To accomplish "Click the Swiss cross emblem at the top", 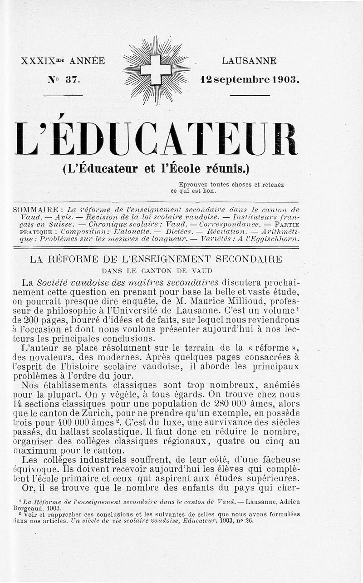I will point(156,69).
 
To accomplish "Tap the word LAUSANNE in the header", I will point(249,61).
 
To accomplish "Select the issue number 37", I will point(72,80).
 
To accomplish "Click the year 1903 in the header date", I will point(285,79).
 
